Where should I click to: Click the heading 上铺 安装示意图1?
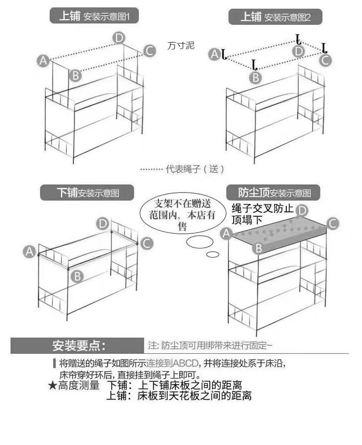pos(94,16)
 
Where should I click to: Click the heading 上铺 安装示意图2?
pos(275,17)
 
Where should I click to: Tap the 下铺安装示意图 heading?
pos(87,192)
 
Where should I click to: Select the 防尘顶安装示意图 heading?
pos(274,192)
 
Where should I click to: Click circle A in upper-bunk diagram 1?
pos(43,61)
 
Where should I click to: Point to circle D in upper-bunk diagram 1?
pos(119,38)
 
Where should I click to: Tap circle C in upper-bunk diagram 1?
pos(149,51)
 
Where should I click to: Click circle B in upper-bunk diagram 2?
pos(255,77)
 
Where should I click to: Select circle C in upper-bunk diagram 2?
pos(325,60)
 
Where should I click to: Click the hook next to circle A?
pos(224,55)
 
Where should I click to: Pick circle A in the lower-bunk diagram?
pos(29,252)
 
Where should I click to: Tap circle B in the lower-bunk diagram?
pos(77,276)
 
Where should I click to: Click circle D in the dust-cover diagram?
pos(302,211)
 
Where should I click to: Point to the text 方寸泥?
pos(181,45)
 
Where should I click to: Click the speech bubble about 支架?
pos(182,214)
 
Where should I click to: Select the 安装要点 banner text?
pos(78,346)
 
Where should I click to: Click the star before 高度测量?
pos(53,385)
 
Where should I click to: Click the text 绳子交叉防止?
pos(263,209)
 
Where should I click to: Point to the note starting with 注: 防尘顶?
pos(210,346)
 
